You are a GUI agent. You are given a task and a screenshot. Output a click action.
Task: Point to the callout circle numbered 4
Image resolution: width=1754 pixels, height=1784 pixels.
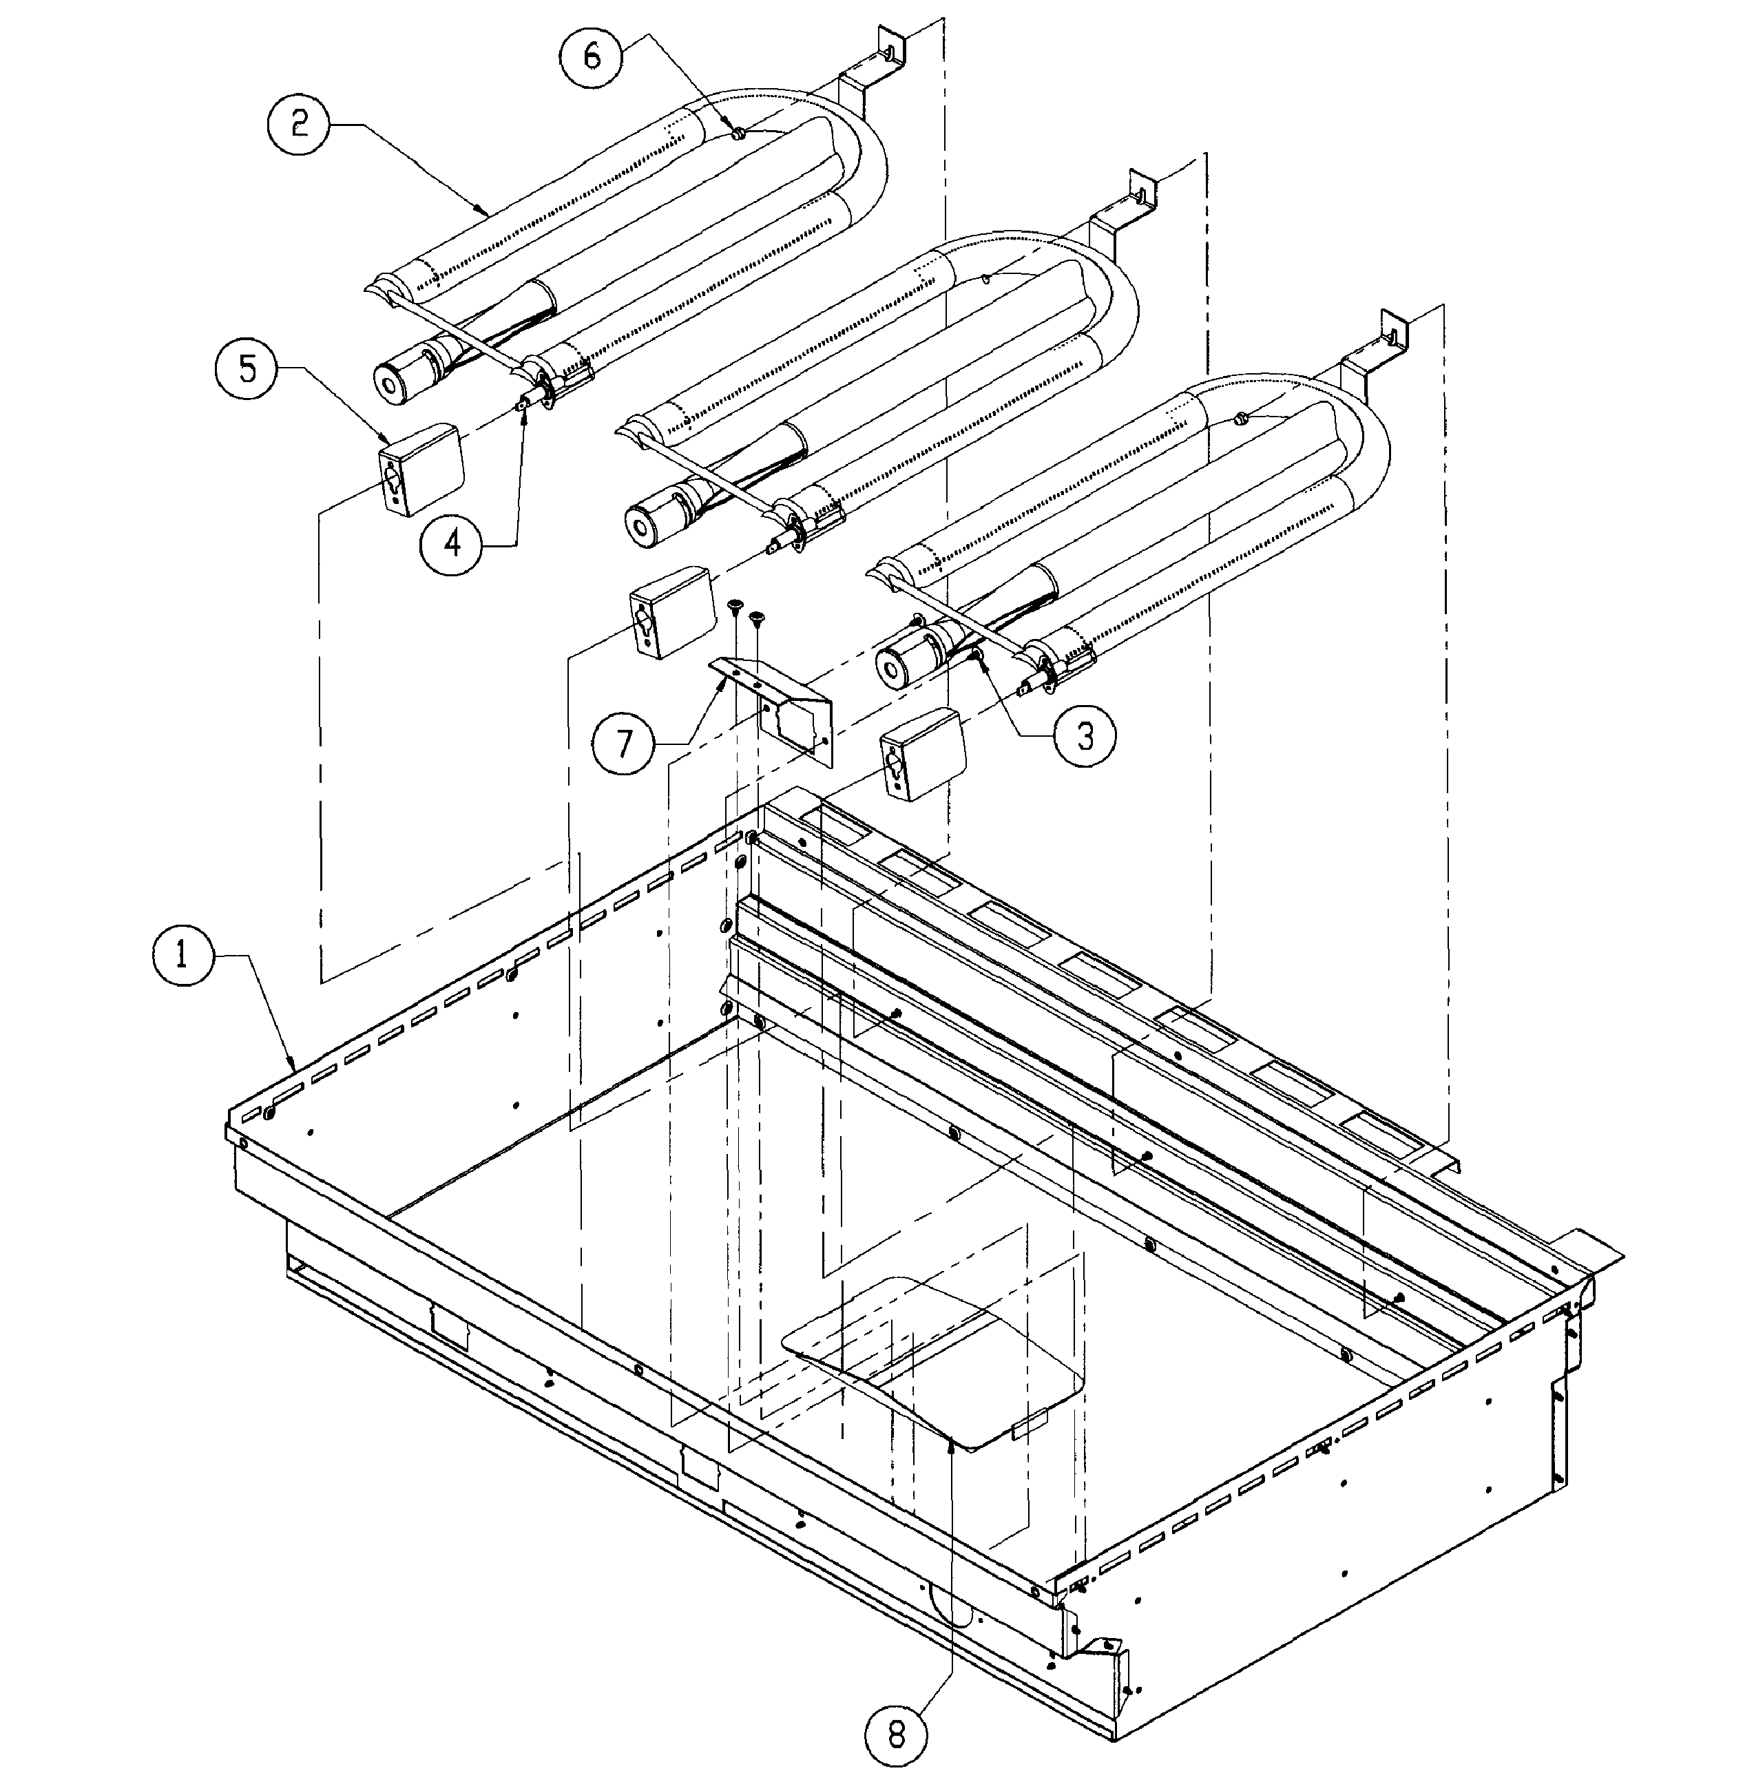(x=452, y=545)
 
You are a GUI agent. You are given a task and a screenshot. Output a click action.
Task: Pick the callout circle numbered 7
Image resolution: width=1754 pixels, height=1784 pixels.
(x=625, y=742)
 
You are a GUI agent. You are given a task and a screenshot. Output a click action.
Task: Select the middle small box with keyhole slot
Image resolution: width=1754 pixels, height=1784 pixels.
(x=671, y=613)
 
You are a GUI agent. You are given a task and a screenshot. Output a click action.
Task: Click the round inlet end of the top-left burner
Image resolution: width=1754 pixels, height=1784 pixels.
(x=396, y=379)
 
